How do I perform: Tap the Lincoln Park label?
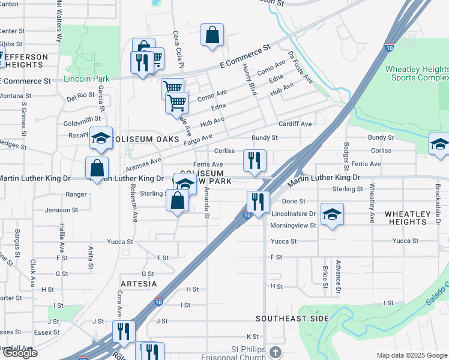point(86,79)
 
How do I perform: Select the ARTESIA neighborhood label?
point(139,283)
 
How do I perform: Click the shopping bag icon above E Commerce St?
point(212,35)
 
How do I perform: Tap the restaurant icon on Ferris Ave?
point(255,161)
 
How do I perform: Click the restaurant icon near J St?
point(124,332)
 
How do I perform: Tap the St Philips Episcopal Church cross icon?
point(275,351)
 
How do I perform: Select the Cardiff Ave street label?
point(295,124)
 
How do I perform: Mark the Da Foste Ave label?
point(301,67)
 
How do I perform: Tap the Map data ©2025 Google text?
point(411,355)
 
